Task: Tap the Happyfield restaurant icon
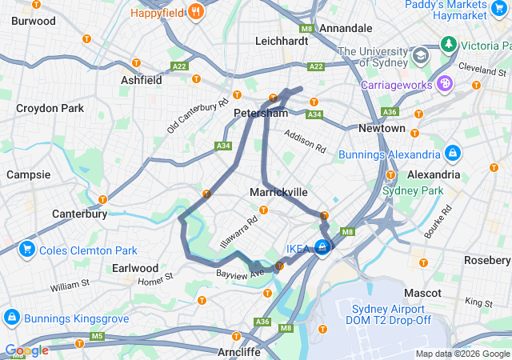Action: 195,13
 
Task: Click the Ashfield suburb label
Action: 141,80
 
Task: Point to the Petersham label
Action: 260,114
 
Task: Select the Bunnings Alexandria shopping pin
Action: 453,153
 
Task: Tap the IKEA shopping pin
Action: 322,248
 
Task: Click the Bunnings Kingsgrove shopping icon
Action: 12,318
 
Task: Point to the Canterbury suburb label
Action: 79,214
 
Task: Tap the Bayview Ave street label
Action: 239,274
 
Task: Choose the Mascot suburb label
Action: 423,293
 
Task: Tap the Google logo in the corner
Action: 26,350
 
